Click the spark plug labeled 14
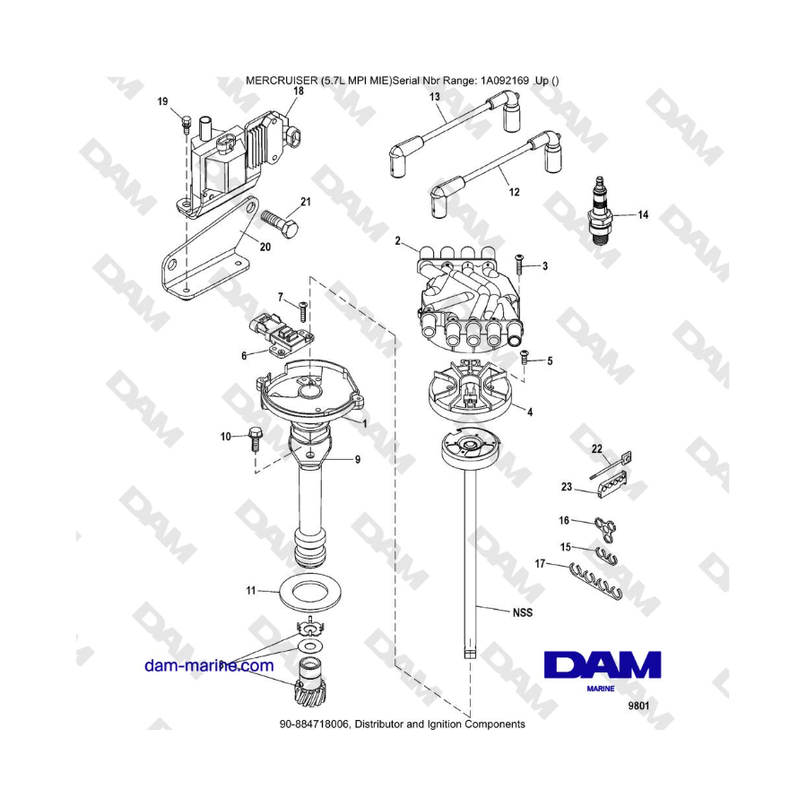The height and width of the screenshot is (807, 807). pos(599,212)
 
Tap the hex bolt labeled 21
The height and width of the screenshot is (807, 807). pos(280,223)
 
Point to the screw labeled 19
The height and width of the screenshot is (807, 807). pos(187,124)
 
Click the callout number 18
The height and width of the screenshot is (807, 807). pos(298,91)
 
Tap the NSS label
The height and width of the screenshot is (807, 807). pos(523,612)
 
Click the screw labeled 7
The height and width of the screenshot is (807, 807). pos(303,310)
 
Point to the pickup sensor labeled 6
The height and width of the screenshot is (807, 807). pos(282,334)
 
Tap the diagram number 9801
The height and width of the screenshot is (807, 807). pos(638,706)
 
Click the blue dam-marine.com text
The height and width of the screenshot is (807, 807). pos(209,665)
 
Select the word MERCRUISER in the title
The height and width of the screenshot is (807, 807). pos(282,81)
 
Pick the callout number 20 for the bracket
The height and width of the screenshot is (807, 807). pos(265,247)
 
